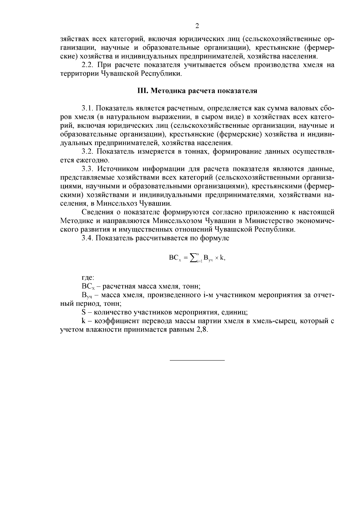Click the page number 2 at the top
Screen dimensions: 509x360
click(x=197, y=26)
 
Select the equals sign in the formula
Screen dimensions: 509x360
click(x=185, y=257)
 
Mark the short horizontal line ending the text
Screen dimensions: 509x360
click(x=197, y=360)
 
